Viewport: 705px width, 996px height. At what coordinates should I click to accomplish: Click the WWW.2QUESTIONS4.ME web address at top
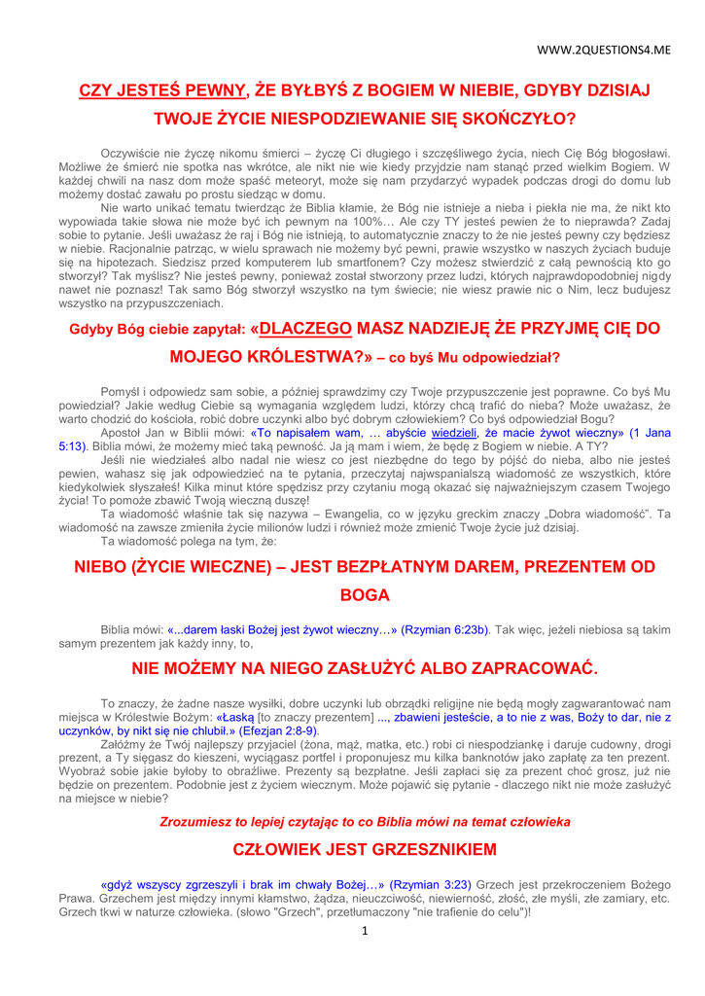pos(604,49)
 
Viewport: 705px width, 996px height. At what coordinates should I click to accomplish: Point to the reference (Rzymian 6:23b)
pos(444,629)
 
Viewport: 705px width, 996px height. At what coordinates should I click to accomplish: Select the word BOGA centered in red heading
pos(365,595)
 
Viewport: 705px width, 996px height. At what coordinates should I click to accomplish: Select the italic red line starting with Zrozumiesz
pos(365,822)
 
